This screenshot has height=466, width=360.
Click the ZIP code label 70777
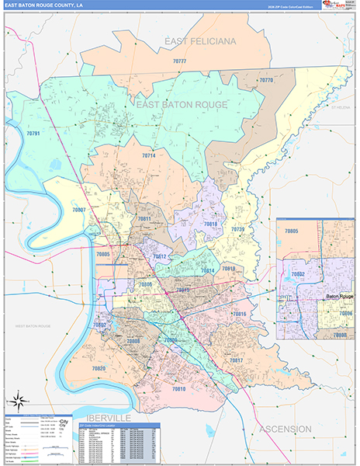point(179,61)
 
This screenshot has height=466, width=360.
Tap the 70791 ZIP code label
point(33,134)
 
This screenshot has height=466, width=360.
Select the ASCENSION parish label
point(286,429)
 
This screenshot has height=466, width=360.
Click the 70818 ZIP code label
point(210,224)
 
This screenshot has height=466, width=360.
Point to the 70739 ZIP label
point(237,230)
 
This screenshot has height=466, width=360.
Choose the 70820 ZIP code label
point(99,368)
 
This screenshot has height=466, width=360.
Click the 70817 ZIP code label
point(236,360)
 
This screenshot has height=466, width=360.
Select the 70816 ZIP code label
point(239,314)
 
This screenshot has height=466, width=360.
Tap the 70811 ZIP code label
point(144,220)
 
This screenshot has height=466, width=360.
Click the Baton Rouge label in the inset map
point(339,296)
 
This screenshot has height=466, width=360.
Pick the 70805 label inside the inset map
point(291,231)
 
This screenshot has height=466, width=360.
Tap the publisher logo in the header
point(337,6)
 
